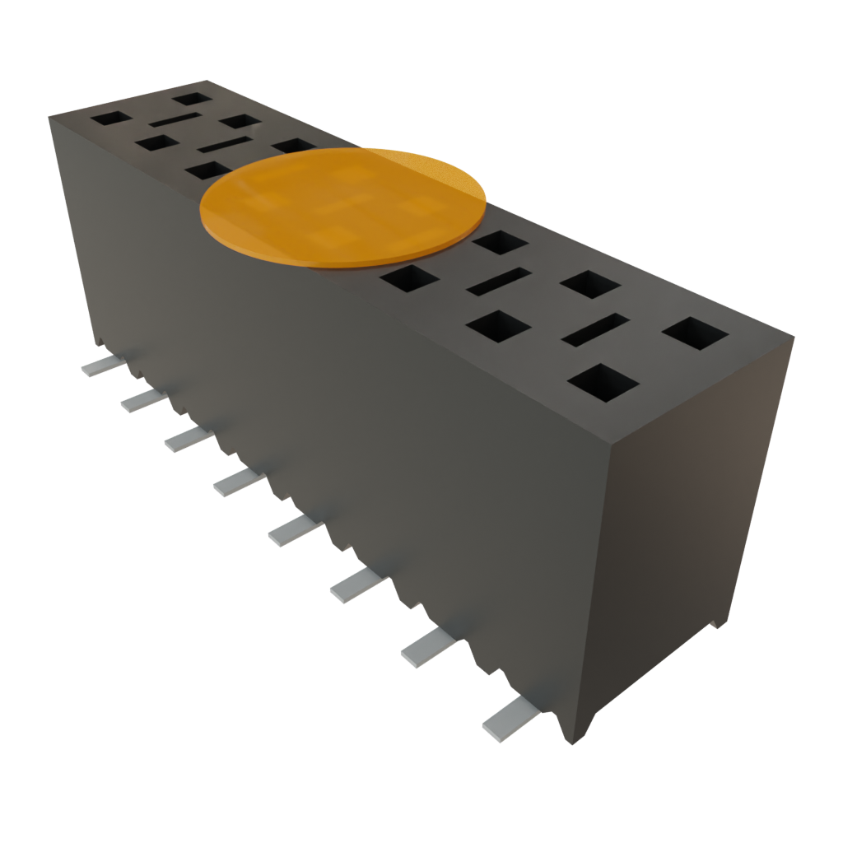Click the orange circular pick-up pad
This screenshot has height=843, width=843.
click(342, 207)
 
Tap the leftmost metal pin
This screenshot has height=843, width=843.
click(100, 366)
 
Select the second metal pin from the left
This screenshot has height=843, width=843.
click(141, 400)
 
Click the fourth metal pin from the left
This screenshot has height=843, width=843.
click(236, 482)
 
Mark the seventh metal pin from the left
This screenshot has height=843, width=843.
click(426, 649)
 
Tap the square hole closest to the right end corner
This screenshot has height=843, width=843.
click(695, 334)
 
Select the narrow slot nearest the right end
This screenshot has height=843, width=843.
click(595, 329)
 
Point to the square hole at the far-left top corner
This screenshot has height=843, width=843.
click(110, 118)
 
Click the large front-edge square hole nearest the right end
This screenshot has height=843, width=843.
click(604, 382)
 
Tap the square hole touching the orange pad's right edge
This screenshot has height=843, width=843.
click(500, 242)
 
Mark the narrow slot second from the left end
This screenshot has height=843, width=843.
click(224, 147)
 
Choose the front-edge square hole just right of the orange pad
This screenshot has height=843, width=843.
click(410, 279)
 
